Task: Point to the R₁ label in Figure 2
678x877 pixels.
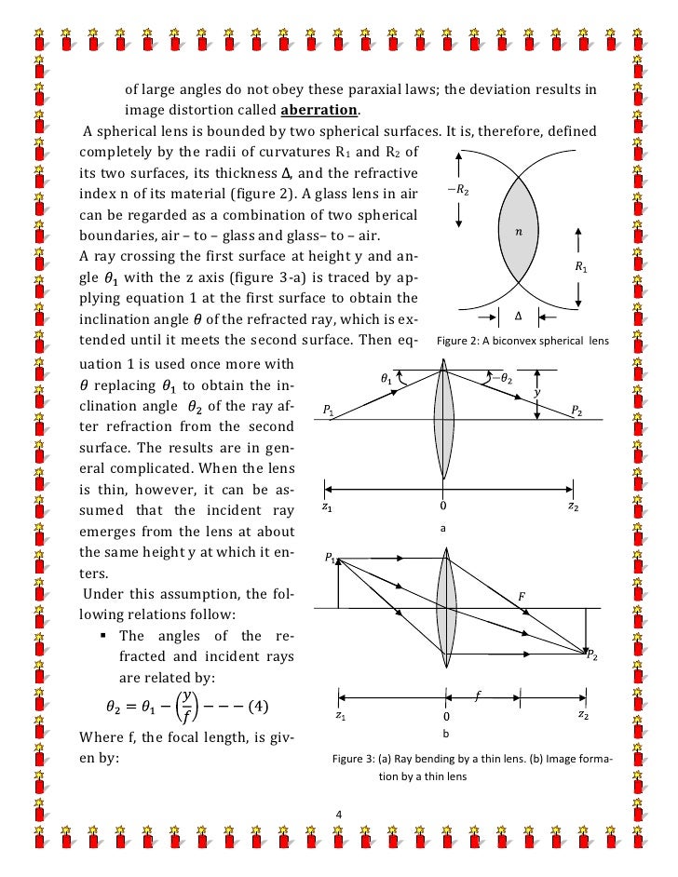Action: coord(580,265)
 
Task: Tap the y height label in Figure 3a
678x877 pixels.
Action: coord(537,394)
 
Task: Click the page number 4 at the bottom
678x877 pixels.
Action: coord(338,816)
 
